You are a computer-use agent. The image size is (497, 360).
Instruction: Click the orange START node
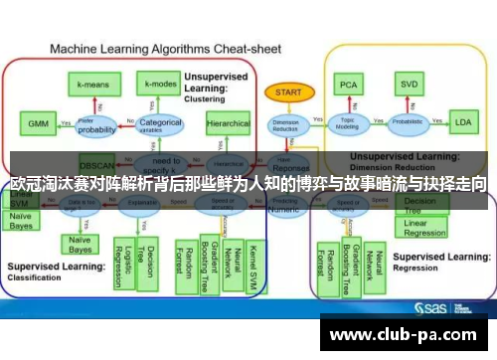[287, 91]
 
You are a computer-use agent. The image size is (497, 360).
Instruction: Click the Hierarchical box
[228, 124]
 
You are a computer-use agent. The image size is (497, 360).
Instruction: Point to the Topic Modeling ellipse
[348, 123]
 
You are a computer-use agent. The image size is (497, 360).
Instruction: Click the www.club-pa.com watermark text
[407, 334]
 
